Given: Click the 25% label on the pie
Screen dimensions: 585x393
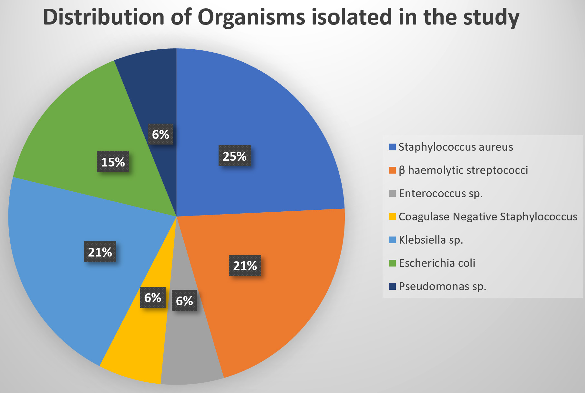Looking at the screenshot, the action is point(235,156).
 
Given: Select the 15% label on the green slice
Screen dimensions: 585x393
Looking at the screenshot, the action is point(113,162).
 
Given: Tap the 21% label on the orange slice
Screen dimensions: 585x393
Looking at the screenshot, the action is point(245,266).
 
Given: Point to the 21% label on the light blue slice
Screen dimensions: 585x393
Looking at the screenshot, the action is point(100,251).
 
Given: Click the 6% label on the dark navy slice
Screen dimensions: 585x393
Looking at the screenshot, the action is point(160,134).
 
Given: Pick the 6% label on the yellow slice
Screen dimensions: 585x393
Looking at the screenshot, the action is point(153,297).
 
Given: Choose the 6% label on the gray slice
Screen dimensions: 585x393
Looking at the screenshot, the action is point(184,300).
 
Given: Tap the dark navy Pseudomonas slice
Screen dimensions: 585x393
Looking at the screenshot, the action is point(152,90).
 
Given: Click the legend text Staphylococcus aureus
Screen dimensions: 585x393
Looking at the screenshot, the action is point(456,147).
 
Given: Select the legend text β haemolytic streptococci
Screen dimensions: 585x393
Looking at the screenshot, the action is point(463,170).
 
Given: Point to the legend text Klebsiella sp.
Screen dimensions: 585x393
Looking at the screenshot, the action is point(431,240).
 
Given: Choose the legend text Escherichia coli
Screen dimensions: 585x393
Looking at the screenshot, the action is point(437,263).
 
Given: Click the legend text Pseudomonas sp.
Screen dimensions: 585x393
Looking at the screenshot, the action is point(442,286).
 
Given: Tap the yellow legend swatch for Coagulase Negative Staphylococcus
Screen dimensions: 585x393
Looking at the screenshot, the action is point(392,217).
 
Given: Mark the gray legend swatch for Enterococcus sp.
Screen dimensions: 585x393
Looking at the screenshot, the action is point(392,193).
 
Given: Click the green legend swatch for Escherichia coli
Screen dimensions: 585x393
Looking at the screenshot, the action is point(392,263).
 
